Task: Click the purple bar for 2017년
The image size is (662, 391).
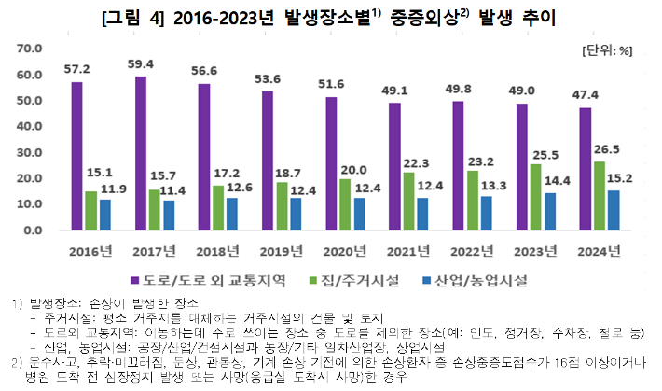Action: coord(140,153)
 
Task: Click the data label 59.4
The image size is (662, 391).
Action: coord(140,65)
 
